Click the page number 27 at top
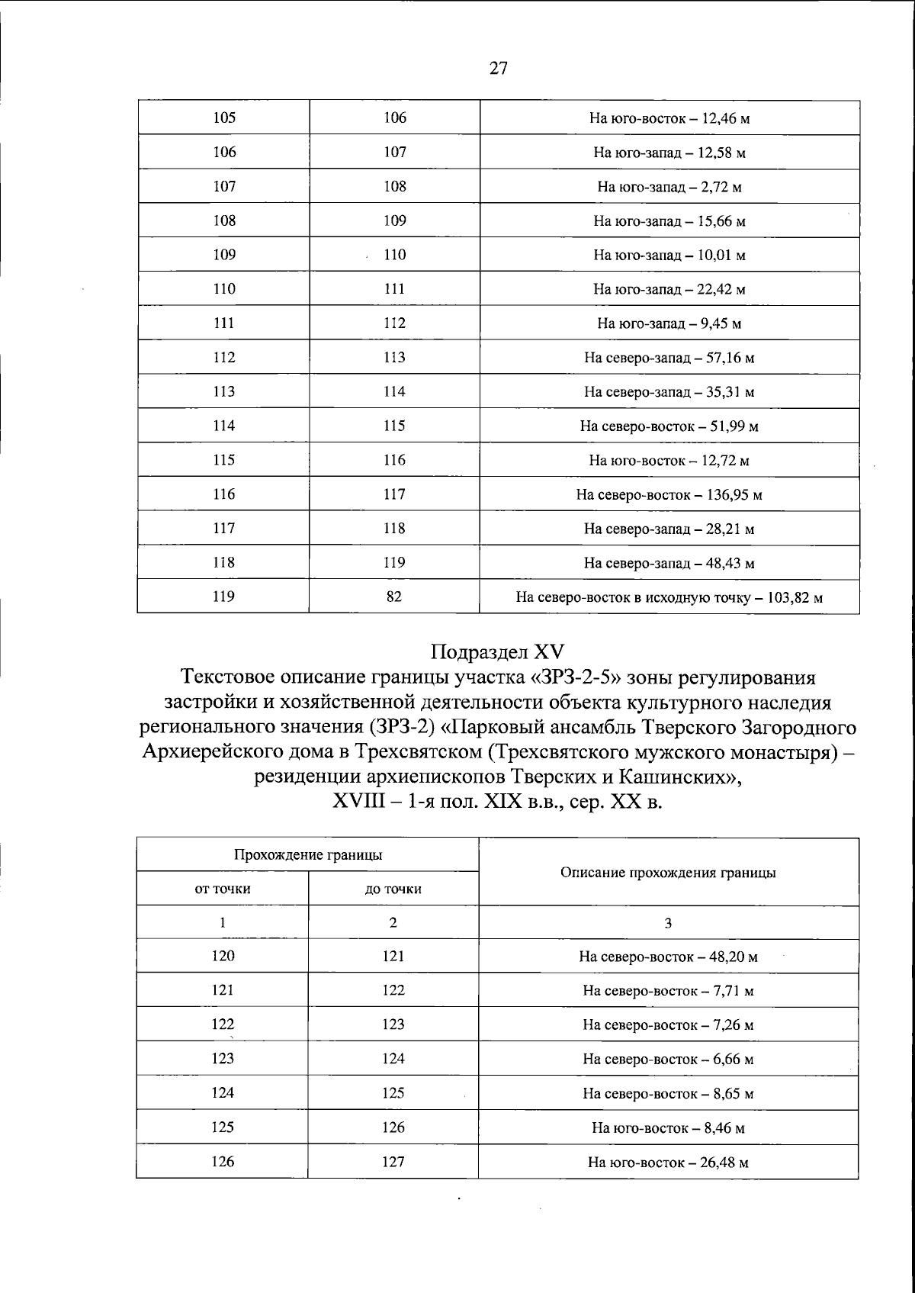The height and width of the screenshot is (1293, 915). [x=497, y=68]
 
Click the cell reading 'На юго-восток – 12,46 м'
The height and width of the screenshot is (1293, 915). [x=669, y=118]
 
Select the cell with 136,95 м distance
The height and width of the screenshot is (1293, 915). [x=669, y=495]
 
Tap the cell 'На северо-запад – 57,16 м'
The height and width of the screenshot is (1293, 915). [x=669, y=358]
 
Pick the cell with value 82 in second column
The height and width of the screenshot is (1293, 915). [x=394, y=597]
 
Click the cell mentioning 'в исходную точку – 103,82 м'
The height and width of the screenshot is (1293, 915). [x=669, y=597]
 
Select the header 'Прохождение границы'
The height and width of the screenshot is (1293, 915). [x=307, y=854]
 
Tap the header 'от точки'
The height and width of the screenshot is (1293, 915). [x=223, y=889]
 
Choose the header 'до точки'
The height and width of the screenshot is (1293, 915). [x=393, y=889]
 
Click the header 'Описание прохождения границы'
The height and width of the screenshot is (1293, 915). [x=668, y=873]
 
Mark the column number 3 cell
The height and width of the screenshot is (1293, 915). [x=668, y=923]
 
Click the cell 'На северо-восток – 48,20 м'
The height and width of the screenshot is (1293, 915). [x=668, y=957]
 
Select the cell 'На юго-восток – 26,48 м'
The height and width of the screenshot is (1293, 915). [x=668, y=1163]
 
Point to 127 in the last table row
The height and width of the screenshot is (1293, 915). [x=393, y=1162]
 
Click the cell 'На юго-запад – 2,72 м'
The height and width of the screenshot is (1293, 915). [x=669, y=187]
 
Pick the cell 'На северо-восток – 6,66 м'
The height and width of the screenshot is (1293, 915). [x=668, y=1060]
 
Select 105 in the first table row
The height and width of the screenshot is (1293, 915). [x=224, y=117]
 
